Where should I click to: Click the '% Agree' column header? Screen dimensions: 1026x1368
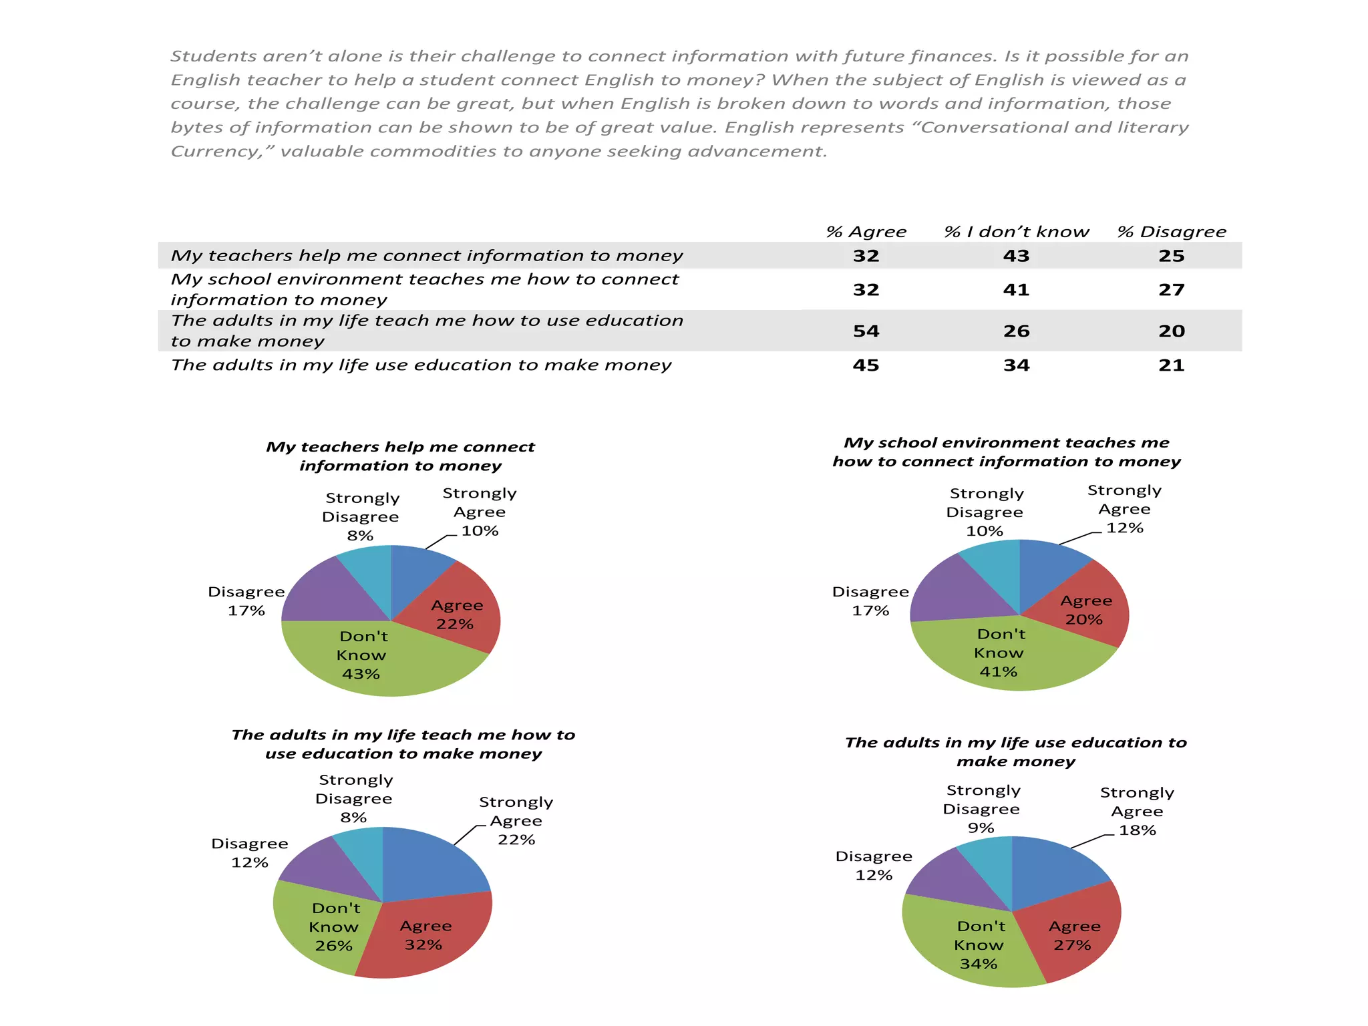click(866, 232)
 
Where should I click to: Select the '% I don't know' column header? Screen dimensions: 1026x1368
click(1016, 232)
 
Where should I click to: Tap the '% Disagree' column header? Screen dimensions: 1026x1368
click(1172, 232)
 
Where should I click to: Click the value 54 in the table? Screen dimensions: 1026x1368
click(866, 331)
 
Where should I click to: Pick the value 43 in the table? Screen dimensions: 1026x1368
click(1016, 256)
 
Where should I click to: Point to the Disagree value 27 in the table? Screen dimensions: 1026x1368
click(1172, 290)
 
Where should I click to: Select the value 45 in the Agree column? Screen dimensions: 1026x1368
click(866, 365)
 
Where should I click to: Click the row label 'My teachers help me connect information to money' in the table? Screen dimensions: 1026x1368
click(426, 256)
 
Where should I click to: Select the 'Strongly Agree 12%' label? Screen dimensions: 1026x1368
click(1125, 509)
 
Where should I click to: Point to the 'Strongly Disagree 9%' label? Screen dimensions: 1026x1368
click(982, 809)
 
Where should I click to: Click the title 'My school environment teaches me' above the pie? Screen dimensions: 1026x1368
click(1006, 443)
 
